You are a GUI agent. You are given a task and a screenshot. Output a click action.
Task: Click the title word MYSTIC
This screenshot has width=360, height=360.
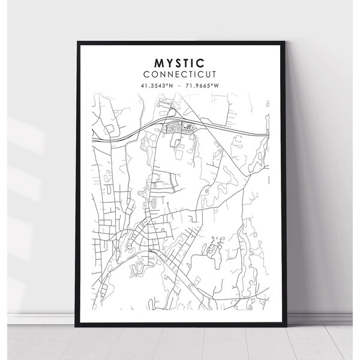click(x=179, y=62)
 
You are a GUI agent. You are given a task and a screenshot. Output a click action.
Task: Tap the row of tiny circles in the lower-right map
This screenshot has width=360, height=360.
click(x=217, y=238)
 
